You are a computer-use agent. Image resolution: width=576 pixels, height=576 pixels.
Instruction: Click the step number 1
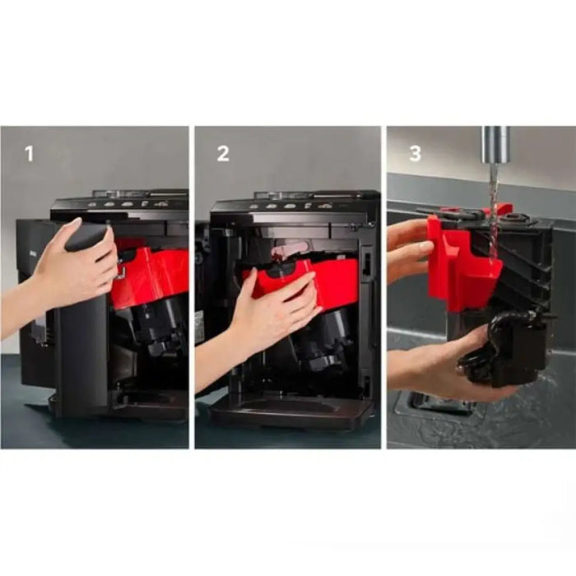coord(29,154)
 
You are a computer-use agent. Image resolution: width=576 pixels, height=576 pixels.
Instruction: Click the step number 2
coord(223,154)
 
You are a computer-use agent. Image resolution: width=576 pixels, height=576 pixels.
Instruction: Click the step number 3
coord(415,154)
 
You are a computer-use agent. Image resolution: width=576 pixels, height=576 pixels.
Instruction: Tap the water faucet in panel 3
coord(495,144)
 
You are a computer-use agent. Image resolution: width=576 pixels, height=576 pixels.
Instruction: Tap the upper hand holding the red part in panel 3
coord(408,250)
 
